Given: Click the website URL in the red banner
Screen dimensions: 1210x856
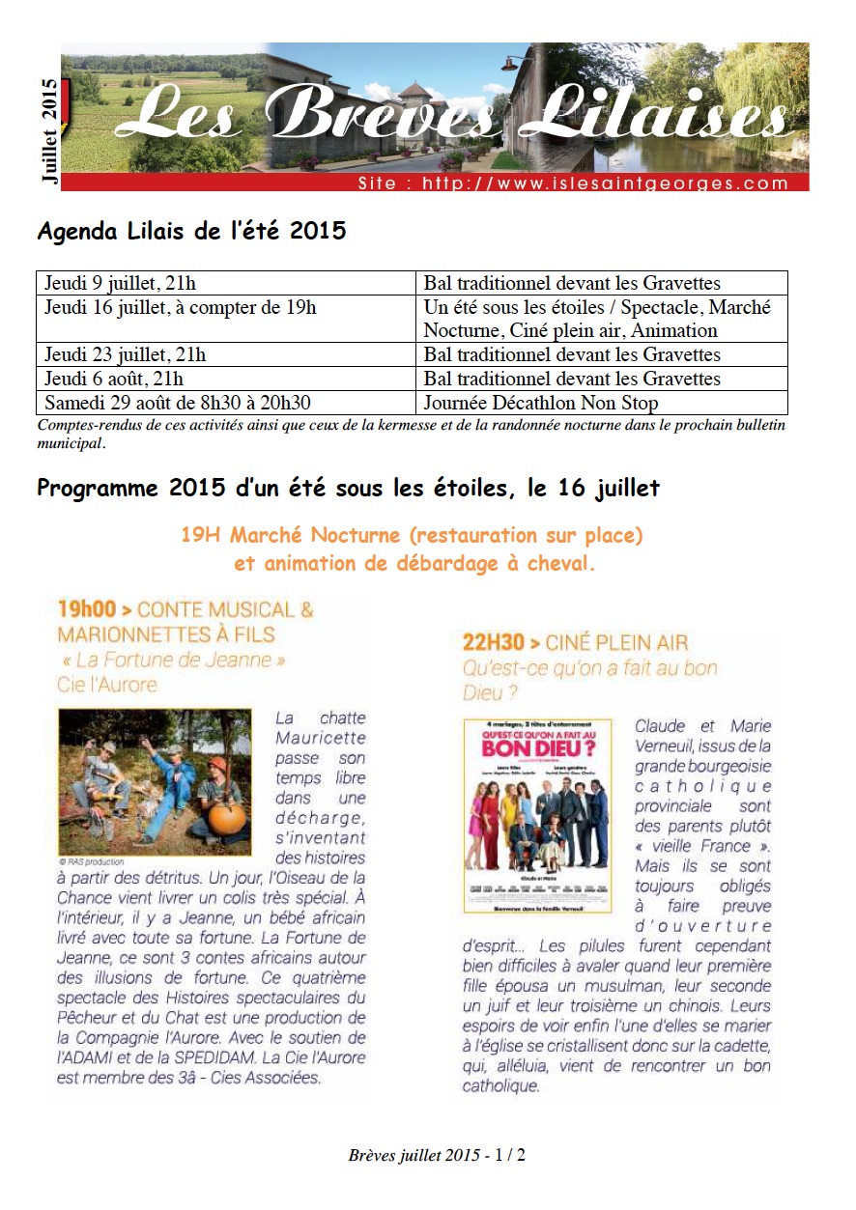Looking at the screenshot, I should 573,183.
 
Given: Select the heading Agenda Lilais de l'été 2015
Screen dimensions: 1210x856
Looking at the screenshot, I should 190,232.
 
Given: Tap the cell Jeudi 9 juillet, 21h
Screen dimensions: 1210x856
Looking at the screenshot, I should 120,283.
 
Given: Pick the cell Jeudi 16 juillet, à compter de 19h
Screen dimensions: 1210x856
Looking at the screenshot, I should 180,307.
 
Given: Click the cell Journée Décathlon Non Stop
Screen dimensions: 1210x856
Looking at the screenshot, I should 540,403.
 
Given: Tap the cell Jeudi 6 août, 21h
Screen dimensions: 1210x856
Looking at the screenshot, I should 114,379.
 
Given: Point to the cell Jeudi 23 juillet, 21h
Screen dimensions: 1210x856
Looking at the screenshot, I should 125,354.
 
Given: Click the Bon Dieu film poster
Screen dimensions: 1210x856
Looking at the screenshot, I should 537,816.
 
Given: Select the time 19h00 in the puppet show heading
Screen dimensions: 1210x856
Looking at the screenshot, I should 87,609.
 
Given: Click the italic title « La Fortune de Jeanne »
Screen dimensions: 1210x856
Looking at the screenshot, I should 171,660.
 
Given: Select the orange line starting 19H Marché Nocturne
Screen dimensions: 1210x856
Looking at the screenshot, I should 412,534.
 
